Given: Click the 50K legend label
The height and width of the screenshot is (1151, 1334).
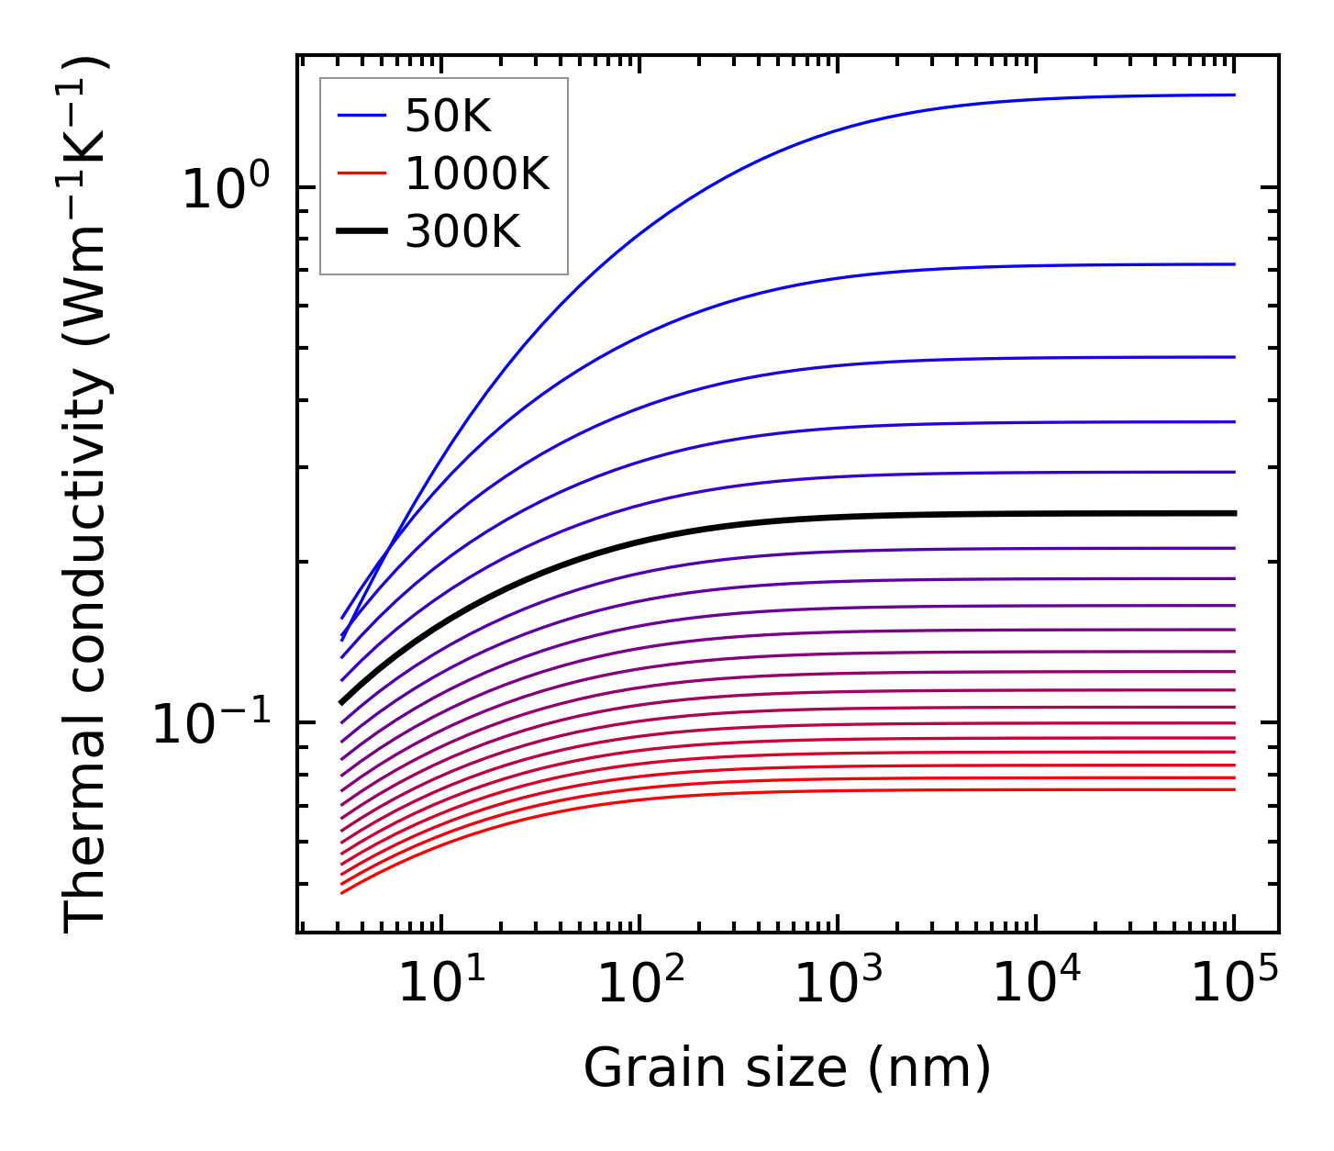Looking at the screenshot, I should (x=448, y=117).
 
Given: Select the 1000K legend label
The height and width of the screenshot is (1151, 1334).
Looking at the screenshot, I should (x=477, y=174).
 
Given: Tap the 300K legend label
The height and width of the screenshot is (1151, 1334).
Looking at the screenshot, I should (x=462, y=233).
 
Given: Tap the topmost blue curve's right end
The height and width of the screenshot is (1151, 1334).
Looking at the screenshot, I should (x=1233, y=95).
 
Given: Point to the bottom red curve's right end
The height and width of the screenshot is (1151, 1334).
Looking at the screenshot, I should (x=1233, y=789).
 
